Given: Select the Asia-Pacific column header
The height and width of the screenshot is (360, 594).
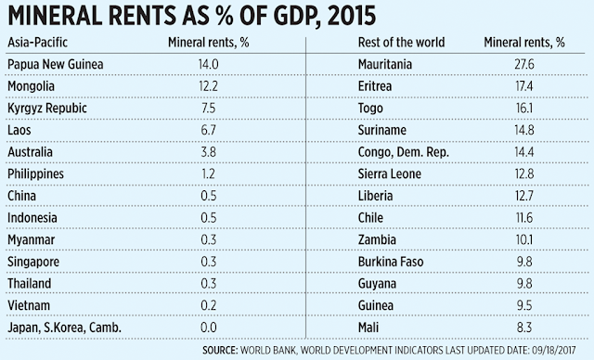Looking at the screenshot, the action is click(x=37, y=43).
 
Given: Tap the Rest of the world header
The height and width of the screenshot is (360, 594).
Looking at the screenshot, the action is click(x=401, y=43).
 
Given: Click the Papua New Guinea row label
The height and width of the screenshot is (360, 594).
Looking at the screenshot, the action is click(x=56, y=64).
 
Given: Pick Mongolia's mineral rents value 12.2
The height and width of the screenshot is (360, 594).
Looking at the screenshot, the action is click(x=208, y=86).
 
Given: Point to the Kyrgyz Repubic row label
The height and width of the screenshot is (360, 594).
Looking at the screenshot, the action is click(x=47, y=109).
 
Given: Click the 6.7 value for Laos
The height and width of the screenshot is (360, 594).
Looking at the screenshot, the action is click(x=208, y=130).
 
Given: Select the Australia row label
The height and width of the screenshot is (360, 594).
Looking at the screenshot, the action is click(x=30, y=152).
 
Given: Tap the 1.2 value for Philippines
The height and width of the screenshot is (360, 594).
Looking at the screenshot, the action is click(x=208, y=174).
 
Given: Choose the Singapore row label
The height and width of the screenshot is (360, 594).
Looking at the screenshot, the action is click(x=33, y=262).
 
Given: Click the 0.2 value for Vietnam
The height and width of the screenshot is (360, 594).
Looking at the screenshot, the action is click(x=208, y=306).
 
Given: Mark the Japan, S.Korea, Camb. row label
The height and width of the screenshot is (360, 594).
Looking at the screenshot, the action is click(x=64, y=328).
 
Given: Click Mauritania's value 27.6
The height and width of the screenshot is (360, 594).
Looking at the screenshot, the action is click(x=524, y=64).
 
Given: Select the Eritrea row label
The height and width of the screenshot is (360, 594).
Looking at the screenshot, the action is click(x=375, y=86).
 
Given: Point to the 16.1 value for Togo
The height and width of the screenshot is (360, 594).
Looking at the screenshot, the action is click(x=524, y=109).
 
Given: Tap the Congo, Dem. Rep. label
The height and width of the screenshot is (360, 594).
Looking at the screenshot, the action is click(x=404, y=152).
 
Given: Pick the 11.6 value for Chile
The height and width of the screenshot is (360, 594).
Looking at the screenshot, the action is click(x=524, y=218).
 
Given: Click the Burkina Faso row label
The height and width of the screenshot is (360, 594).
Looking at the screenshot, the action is click(x=391, y=262).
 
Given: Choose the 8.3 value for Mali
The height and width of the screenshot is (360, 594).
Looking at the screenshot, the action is click(x=524, y=328).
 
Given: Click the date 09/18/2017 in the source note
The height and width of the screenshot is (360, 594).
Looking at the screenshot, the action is click(x=554, y=350).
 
